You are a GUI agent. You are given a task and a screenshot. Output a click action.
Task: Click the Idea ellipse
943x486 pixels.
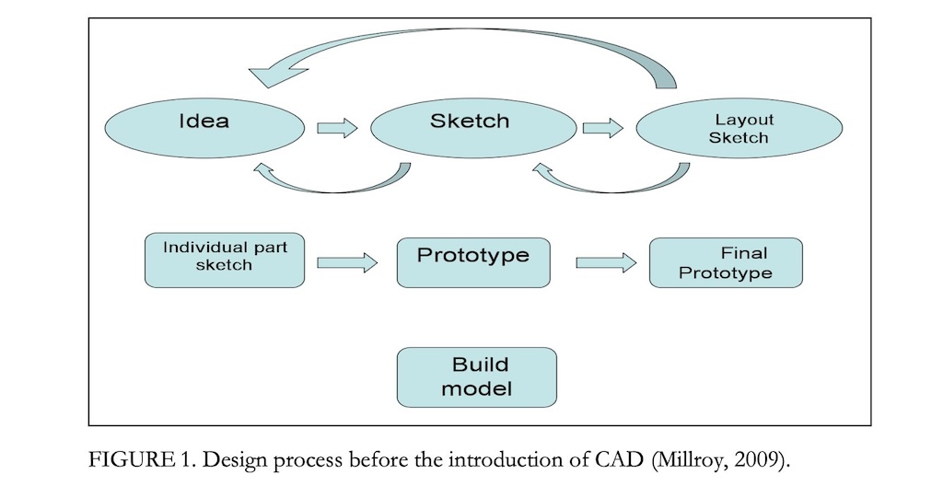click(205, 128)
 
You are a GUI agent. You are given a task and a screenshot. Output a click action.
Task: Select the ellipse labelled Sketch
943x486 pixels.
click(473, 128)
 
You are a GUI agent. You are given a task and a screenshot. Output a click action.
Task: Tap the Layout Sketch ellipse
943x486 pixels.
click(739, 128)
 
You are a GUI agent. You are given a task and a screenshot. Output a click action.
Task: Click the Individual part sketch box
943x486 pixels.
click(225, 260)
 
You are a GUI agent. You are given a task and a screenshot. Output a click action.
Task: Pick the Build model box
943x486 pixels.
click(477, 377)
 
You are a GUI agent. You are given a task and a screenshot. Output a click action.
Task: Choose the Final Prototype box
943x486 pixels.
click(726, 263)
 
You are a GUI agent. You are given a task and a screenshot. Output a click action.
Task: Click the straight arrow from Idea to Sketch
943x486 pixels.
click(337, 128)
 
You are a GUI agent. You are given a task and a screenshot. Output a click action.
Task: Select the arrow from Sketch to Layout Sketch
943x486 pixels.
click(603, 128)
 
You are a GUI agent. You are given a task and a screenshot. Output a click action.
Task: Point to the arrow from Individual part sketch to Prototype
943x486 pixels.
click(347, 263)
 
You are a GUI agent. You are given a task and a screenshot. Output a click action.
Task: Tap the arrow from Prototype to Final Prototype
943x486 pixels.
click(606, 263)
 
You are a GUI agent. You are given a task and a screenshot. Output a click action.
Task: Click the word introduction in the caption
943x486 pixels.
click(506, 461)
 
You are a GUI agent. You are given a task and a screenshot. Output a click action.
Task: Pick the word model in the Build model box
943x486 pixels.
click(477, 388)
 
